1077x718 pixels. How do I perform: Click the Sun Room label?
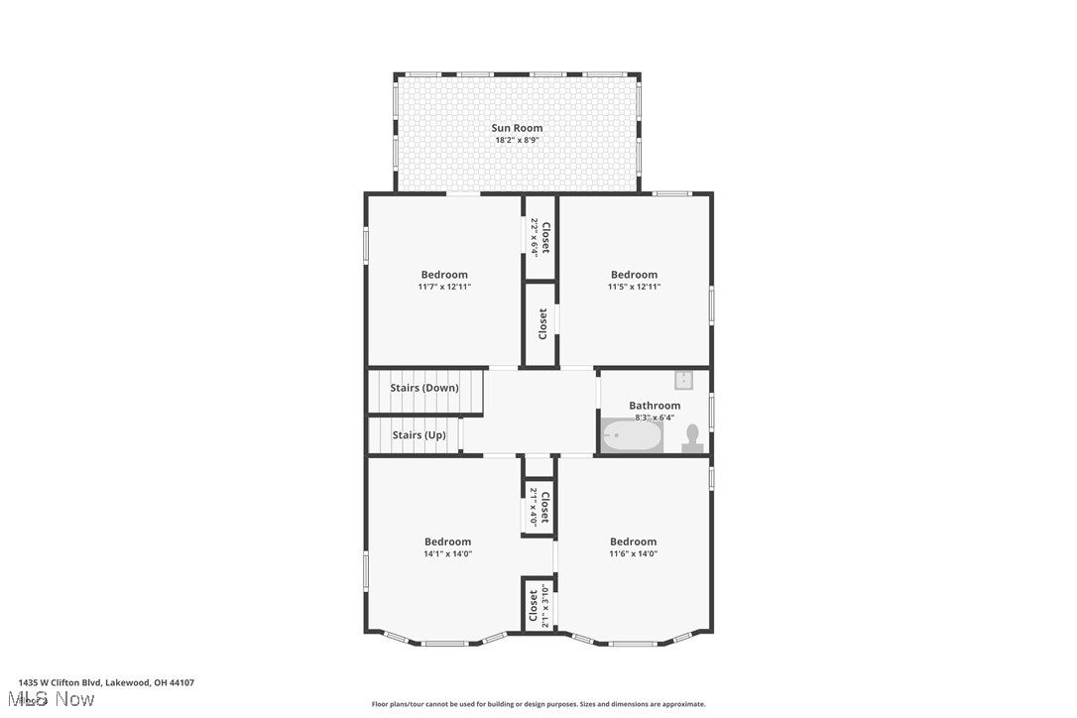pos(517,128)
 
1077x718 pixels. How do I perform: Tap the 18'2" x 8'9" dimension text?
pos(517,140)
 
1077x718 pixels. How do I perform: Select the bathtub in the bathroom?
pos(633,435)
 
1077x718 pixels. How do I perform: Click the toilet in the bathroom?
pos(692,437)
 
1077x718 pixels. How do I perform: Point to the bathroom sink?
pos(684,379)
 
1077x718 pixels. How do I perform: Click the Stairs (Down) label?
pos(424,388)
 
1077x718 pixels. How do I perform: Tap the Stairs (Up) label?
pos(419,435)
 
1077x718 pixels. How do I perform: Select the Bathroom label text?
pos(655,406)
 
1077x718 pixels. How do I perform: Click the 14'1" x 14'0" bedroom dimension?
pos(447,553)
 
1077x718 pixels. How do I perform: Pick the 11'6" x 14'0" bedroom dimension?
pos(633,553)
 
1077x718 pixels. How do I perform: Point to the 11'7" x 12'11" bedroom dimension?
pos(444,287)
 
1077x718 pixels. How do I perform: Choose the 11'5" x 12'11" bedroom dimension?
pos(634,287)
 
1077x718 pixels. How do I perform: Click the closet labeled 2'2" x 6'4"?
pos(540,238)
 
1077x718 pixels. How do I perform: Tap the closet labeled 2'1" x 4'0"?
pos(539,506)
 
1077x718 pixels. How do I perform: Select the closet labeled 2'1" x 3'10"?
pos(538,605)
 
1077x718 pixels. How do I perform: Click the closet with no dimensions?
pos(541,323)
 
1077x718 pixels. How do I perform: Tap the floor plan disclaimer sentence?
pos(538,704)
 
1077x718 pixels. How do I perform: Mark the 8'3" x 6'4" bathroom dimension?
pos(655,418)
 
